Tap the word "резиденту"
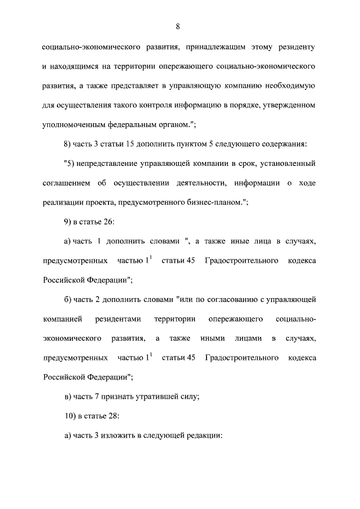295,47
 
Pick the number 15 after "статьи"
128,145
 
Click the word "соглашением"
66,183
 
